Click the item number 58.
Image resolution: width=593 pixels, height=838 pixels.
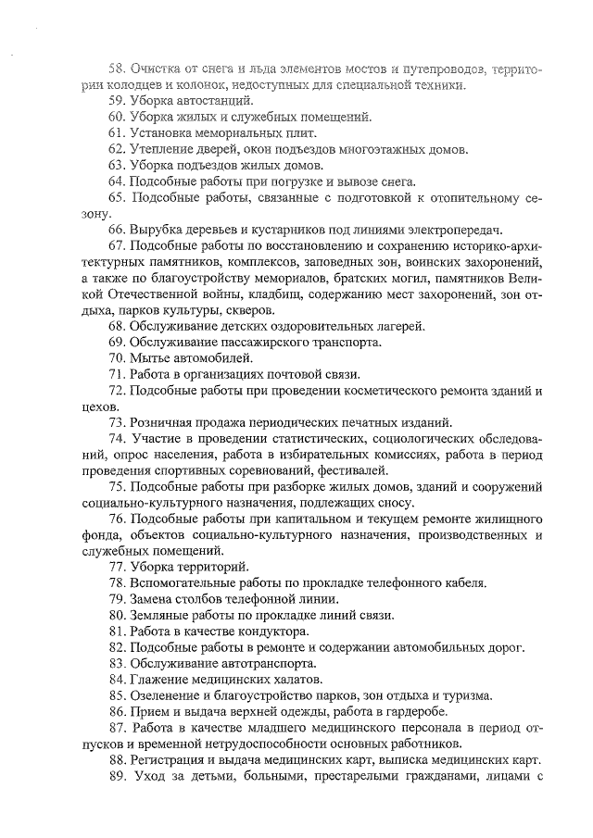117,69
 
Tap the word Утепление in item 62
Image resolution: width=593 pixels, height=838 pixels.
163,149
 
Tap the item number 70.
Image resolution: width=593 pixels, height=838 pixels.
117,357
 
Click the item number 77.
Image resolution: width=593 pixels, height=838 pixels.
117,567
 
